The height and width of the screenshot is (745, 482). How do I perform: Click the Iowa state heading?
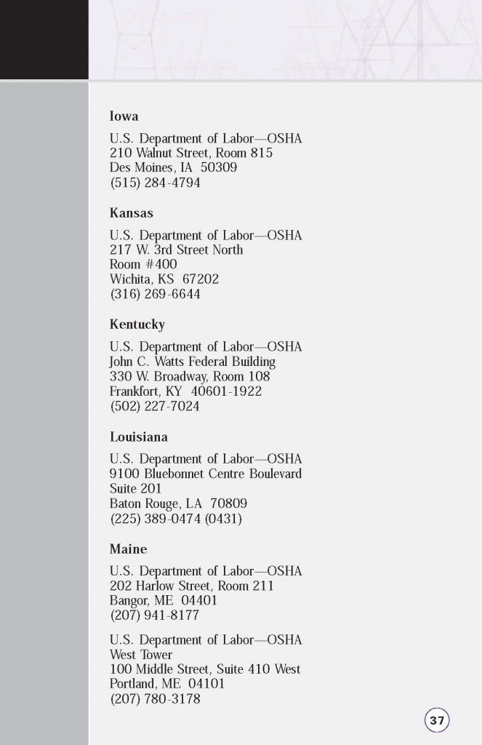(124, 116)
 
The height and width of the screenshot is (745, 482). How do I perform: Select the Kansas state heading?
(131, 213)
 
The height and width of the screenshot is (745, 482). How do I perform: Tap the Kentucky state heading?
(137, 324)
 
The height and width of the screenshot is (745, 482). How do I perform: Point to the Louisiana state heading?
(138, 437)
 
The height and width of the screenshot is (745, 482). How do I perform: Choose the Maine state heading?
(128, 549)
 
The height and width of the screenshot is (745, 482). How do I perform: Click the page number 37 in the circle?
(436, 720)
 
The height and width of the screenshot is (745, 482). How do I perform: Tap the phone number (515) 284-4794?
(155, 183)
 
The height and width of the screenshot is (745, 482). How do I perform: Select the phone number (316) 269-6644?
(155, 295)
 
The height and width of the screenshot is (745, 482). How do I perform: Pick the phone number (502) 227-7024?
(155, 407)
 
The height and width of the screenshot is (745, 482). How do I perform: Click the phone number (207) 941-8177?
(155, 615)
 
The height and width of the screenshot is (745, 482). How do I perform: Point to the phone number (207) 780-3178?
(155, 699)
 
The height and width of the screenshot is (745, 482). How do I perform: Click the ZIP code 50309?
(219, 168)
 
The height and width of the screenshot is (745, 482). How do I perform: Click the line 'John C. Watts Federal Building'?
(192, 362)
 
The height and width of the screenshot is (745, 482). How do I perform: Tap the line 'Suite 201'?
(135, 489)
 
